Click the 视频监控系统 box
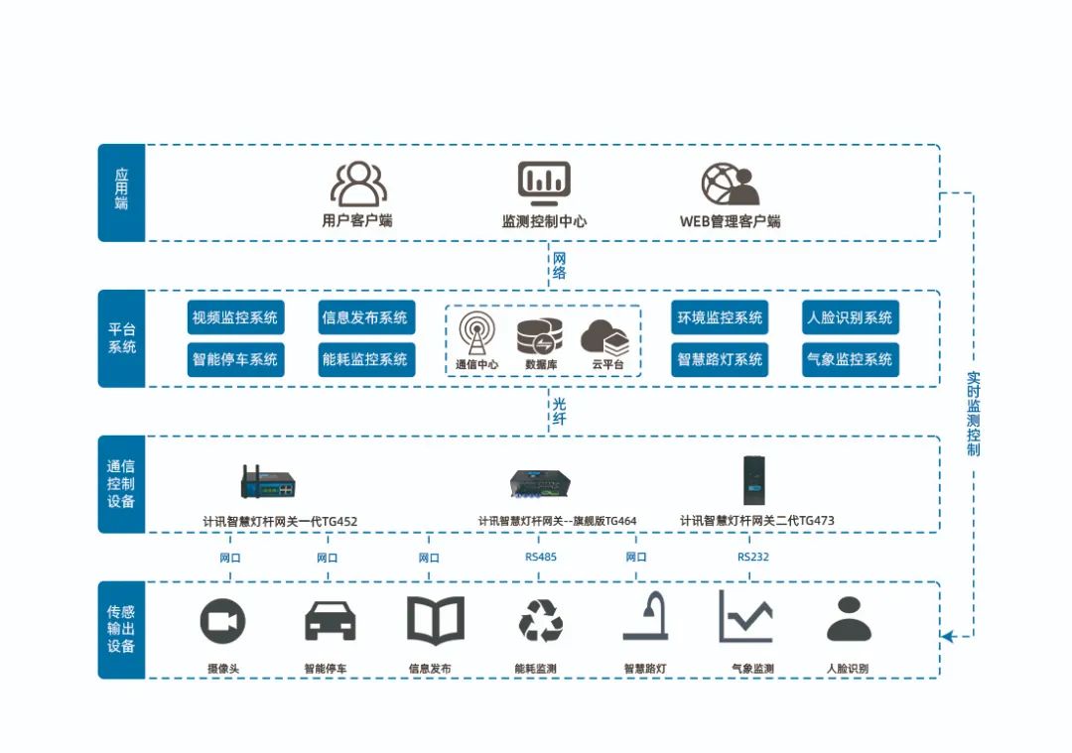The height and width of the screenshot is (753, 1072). (x=235, y=317)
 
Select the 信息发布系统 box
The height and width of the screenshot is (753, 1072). (x=365, y=317)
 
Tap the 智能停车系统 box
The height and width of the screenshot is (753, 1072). (x=235, y=359)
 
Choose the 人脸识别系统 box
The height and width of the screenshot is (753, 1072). (x=850, y=317)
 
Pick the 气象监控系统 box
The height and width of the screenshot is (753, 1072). (x=850, y=359)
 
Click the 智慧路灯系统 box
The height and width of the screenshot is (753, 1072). (x=720, y=359)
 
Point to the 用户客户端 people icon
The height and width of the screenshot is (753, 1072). (x=358, y=184)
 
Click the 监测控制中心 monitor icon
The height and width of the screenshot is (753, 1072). (x=544, y=183)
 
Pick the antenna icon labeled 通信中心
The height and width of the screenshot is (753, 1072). (x=477, y=335)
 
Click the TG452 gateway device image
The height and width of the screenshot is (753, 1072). (x=268, y=482)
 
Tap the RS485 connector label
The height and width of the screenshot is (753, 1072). (x=541, y=557)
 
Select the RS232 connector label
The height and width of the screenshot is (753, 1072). (x=752, y=557)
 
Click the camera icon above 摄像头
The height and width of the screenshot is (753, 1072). (x=222, y=622)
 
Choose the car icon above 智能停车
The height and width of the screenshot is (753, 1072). (x=330, y=621)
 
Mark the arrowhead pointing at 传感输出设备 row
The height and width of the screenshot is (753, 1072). (x=947, y=635)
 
